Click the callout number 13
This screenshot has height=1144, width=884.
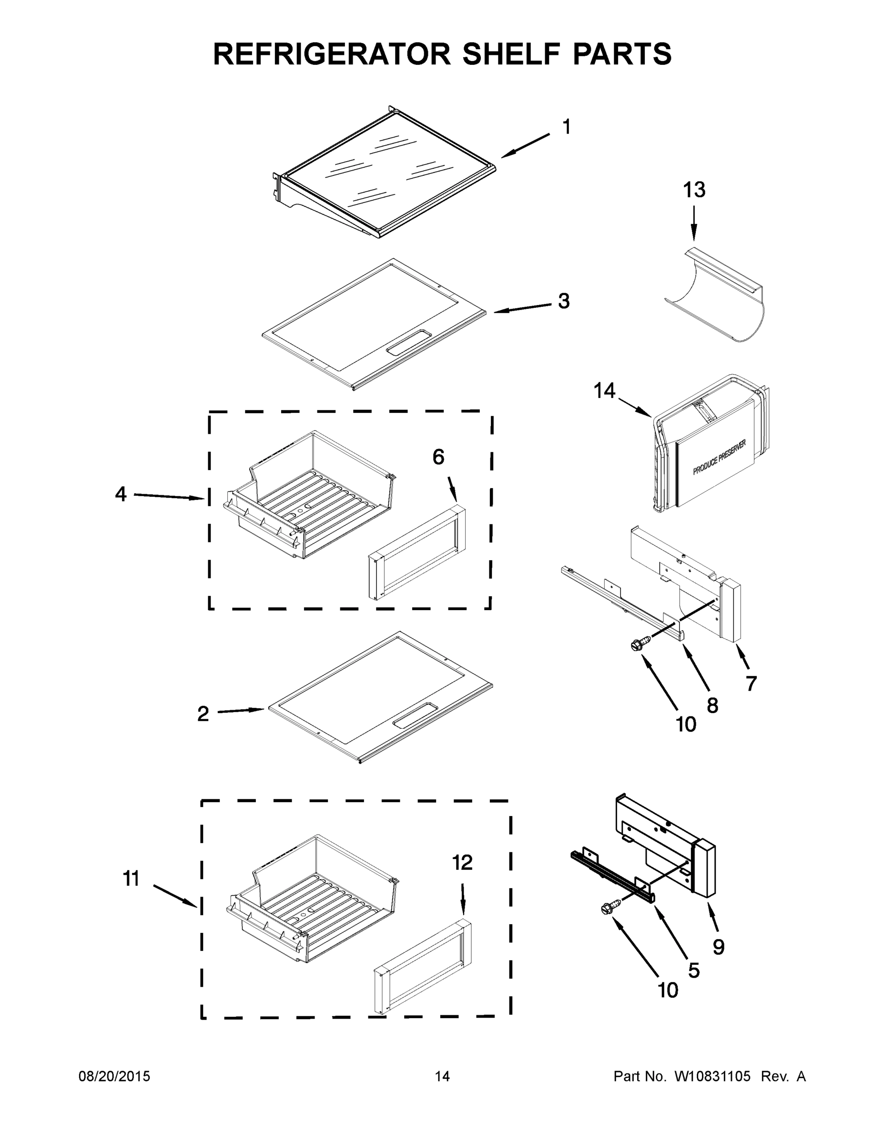tap(694, 190)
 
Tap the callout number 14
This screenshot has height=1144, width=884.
tap(604, 391)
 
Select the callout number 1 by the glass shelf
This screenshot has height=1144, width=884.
tap(567, 126)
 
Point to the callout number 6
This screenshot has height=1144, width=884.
tap(438, 457)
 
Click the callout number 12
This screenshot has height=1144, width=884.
tap(462, 862)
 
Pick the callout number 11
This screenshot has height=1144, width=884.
tap(131, 878)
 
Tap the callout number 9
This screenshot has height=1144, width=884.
tap(719, 947)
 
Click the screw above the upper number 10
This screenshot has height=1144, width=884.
tap(641, 643)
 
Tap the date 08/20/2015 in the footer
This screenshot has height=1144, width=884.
tap(114, 1076)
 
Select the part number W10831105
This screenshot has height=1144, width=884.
tap(712, 1076)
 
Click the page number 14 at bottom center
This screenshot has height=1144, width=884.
tap(442, 1076)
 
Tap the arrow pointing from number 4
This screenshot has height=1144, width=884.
tap(168, 497)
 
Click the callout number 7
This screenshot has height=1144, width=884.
tap(752, 683)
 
